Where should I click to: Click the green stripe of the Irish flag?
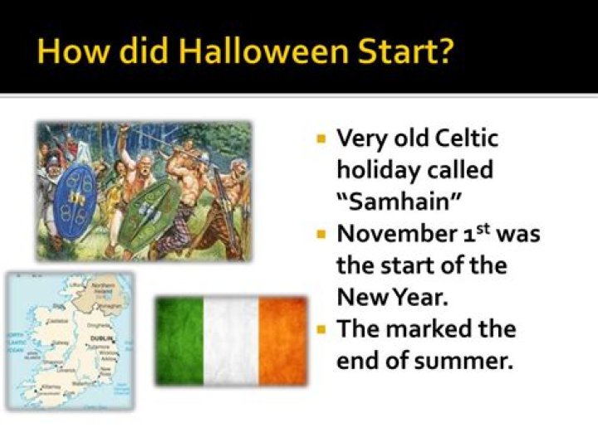[179, 342]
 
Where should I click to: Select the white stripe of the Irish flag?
[230, 342]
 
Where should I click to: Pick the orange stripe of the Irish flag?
[282, 342]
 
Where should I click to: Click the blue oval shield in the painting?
[76, 202]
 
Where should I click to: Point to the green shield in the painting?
[149, 214]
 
